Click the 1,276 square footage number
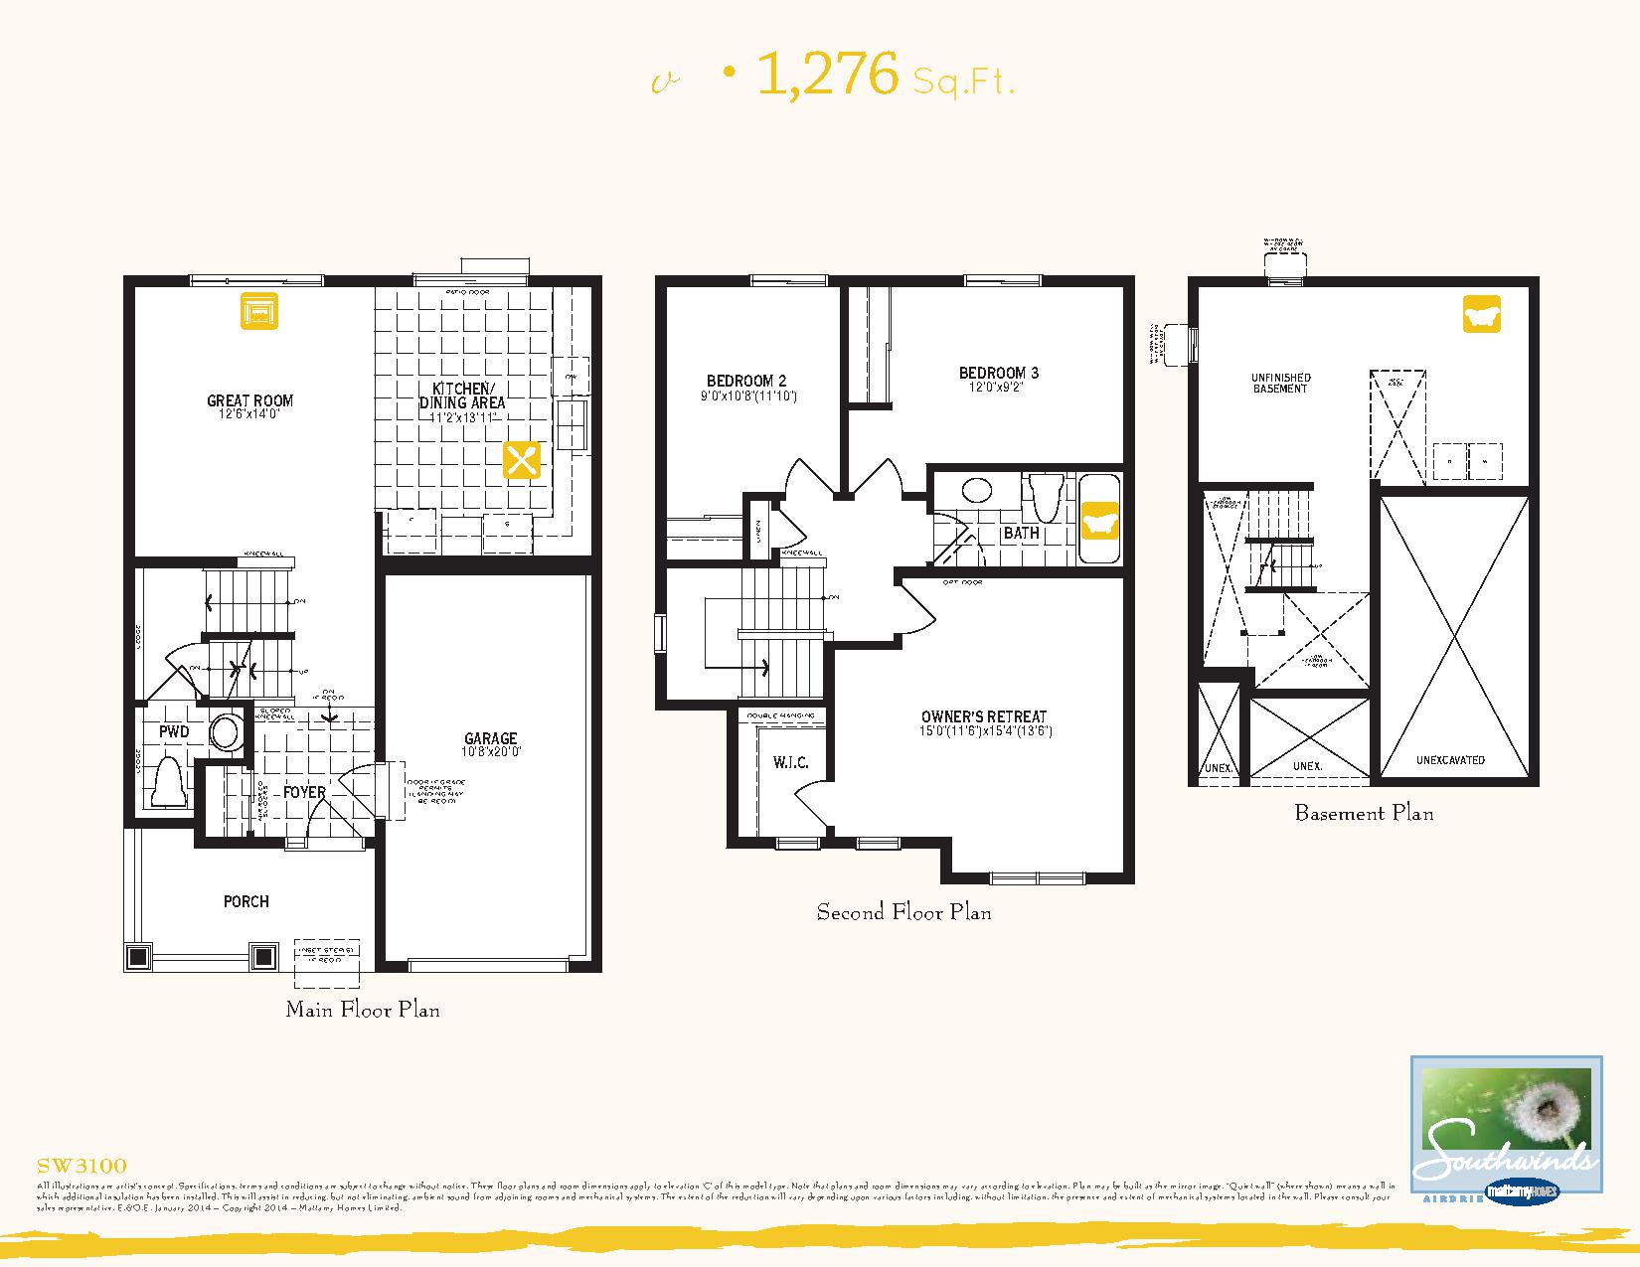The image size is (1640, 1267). (x=827, y=75)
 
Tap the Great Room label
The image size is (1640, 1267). (x=249, y=400)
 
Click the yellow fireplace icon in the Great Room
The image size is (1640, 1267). (x=258, y=311)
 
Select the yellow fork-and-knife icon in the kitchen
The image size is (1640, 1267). (x=522, y=461)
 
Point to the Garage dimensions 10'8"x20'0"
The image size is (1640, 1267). (x=491, y=752)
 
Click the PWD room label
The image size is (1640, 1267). (x=174, y=731)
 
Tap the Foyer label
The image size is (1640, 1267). (x=304, y=792)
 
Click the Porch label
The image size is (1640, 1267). (x=246, y=901)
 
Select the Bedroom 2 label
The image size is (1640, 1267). (x=746, y=381)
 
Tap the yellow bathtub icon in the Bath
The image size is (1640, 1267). (x=1099, y=520)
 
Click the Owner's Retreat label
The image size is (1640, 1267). (x=983, y=716)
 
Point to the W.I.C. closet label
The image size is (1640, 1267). (x=791, y=762)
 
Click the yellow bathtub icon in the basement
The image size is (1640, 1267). (x=1481, y=314)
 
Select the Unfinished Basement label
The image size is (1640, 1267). (x=1280, y=383)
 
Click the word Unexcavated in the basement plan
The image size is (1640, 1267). (x=1450, y=760)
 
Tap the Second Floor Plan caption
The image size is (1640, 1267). (x=903, y=911)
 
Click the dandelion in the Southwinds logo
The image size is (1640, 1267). (x=1549, y=1104)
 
